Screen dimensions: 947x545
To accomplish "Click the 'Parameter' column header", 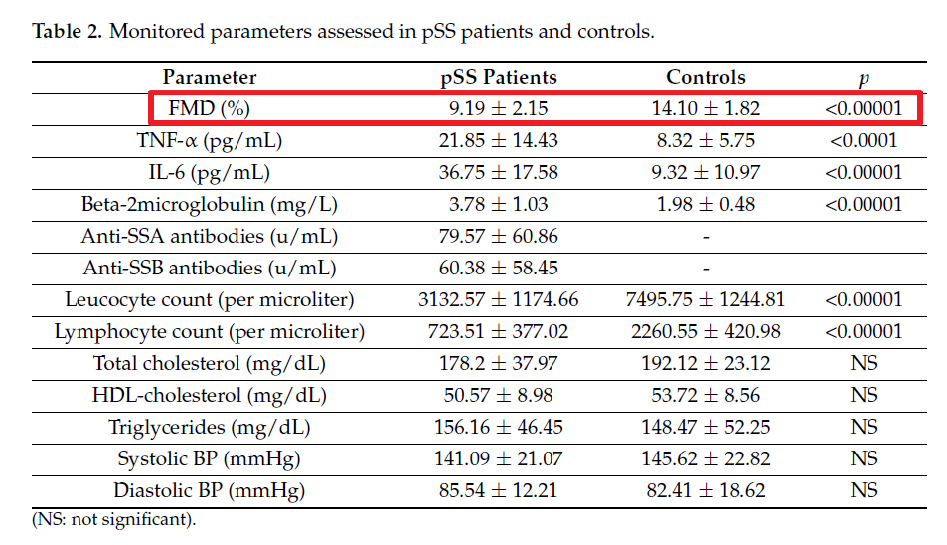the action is (x=210, y=77).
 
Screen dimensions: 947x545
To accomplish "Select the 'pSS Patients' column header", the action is (x=498, y=77).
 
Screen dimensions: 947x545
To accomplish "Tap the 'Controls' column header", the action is (x=706, y=77).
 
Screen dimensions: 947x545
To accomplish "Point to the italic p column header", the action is (x=864, y=79).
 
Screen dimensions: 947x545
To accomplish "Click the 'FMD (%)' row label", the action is (x=209, y=108).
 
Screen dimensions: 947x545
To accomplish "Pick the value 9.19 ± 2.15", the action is (x=498, y=108).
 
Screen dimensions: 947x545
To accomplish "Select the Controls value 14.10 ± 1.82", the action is (x=706, y=108).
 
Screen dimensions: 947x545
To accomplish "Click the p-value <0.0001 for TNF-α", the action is (x=864, y=141).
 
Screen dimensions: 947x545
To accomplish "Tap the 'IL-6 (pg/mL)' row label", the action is (x=209, y=173).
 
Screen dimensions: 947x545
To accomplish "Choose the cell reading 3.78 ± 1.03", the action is (x=498, y=204).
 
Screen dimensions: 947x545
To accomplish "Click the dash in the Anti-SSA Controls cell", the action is (x=706, y=237).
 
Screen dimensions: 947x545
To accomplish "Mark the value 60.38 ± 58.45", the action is (x=498, y=268).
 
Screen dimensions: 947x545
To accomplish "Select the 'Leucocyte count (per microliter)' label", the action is (x=209, y=299).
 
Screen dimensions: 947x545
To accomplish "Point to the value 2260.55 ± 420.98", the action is (x=706, y=332).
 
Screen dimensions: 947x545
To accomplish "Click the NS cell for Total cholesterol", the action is (x=864, y=363).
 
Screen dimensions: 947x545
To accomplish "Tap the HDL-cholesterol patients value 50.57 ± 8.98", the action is (x=498, y=395).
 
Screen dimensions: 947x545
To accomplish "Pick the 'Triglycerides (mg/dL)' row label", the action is (x=209, y=428).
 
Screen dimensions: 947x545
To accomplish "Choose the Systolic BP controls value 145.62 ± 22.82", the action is (x=706, y=458).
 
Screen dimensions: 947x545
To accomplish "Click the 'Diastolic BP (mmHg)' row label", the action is (x=209, y=490).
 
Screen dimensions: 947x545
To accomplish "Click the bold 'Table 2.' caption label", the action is (x=67, y=31).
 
